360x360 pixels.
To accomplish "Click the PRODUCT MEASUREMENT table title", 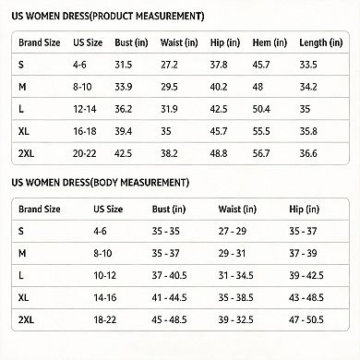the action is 108,16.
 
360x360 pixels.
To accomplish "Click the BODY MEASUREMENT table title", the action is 101,183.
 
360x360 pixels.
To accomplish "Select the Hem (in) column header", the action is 270,42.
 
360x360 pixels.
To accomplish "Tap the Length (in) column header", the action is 321,42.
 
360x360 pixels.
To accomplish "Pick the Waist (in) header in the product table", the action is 179,42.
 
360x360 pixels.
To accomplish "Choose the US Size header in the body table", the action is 108,210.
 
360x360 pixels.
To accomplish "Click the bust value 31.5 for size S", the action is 124,65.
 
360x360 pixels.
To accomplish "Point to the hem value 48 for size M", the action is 258,87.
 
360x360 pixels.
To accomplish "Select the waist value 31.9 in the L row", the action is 169,109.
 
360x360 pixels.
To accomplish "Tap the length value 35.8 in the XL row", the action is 308,131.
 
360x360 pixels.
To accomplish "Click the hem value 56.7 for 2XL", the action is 261,153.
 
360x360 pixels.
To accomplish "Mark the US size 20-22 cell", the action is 84,153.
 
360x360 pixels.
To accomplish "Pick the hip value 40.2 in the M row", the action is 219,87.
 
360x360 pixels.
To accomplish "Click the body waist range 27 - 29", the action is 233,231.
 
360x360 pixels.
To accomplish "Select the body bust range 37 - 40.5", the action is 169,275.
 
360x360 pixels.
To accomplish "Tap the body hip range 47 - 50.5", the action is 306,319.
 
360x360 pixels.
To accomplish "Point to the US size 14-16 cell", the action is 105,297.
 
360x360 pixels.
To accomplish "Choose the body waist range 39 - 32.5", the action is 235,319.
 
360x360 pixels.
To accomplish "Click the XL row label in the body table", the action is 23,297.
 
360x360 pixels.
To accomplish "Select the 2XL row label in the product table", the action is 26,153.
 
